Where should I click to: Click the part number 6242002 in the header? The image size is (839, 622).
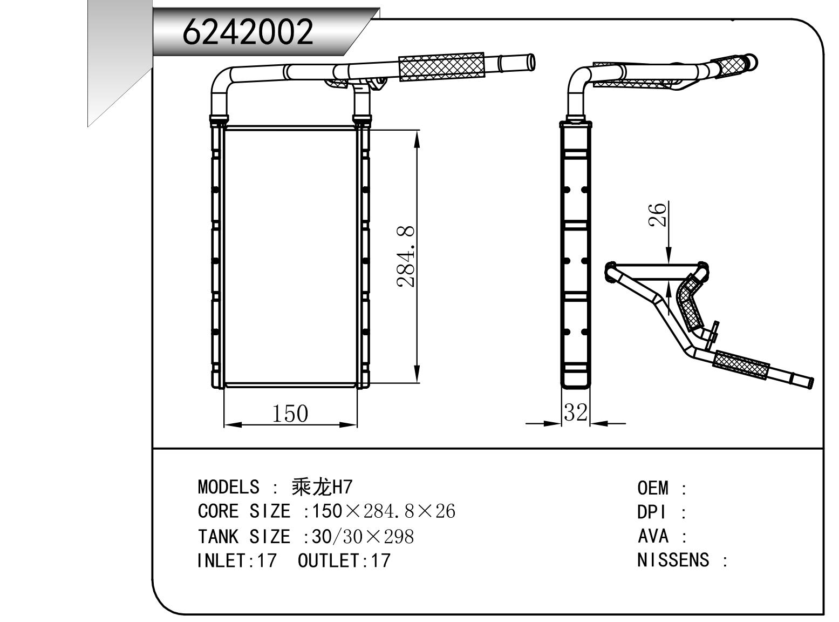coord(248,31)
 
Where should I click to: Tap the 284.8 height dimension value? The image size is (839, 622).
coord(406,256)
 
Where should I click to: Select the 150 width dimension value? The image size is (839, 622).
coord(290,414)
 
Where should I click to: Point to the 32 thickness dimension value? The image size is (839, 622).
coord(575,413)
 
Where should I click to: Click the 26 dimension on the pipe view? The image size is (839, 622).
coord(658,215)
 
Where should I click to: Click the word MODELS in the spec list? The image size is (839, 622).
coord(228,487)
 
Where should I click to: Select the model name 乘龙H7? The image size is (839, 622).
coord(322,487)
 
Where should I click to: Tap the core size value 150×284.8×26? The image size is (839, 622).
coord(384,511)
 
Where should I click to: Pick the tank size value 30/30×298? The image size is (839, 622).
coord(363,536)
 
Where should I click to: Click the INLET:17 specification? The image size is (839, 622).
coord(236,560)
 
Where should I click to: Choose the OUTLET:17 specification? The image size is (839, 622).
coord(344,560)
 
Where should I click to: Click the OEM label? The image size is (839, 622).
coord(653,489)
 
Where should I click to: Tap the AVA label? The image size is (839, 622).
coord(653,536)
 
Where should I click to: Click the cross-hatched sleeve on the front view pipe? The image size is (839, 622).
coord(441,66)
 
